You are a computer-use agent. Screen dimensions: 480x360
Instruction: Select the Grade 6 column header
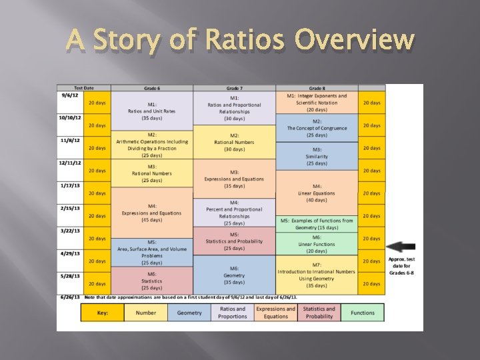151,88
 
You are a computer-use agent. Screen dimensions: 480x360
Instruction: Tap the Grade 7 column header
234,88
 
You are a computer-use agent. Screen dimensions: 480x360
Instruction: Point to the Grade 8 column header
317,88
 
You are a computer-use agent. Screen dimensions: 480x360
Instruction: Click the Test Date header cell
83,88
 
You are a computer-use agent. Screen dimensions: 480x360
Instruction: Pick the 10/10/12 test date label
69,118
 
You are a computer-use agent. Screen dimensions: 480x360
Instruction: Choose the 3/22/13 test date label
69,231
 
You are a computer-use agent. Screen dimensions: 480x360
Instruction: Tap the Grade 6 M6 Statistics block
152,281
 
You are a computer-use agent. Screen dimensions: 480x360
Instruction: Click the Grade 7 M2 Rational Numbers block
234,142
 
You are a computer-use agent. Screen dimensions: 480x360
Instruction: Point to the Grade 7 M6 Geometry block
234,275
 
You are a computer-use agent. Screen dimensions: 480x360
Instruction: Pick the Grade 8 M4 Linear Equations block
317,193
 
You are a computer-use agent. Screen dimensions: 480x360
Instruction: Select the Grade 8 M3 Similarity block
317,156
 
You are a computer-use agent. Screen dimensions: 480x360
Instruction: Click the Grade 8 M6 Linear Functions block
317,243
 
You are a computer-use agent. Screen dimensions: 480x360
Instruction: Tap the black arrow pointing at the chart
402,246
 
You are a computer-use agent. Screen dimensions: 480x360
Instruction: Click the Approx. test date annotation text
401,266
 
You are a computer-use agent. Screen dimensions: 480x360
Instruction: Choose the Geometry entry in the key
189,313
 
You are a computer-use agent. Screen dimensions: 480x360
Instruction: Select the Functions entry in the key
363,313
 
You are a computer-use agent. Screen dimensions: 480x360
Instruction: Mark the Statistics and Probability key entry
319,313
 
